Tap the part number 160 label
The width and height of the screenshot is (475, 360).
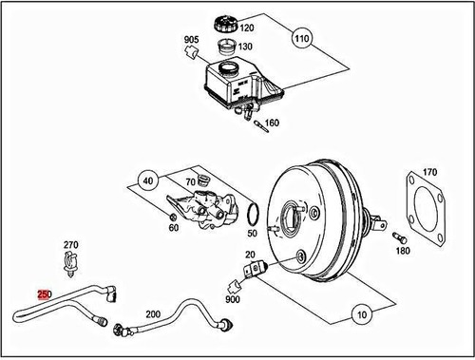click(x=273, y=123)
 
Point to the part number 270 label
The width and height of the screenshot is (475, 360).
click(x=70, y=244)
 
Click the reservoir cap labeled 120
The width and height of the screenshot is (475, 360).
click(x=229, y=25)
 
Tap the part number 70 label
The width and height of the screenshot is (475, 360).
click(x=190, y=180)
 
